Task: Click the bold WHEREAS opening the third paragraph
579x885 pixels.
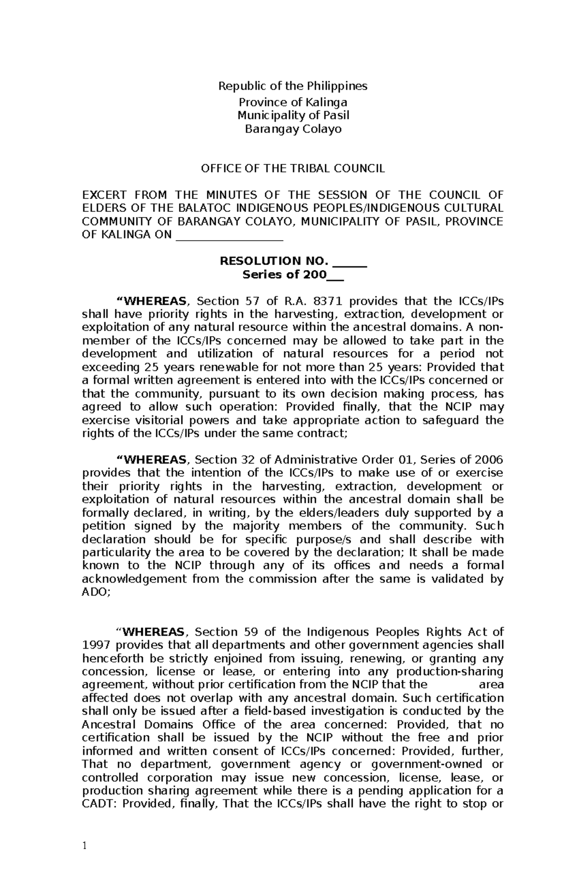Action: (154, 632)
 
